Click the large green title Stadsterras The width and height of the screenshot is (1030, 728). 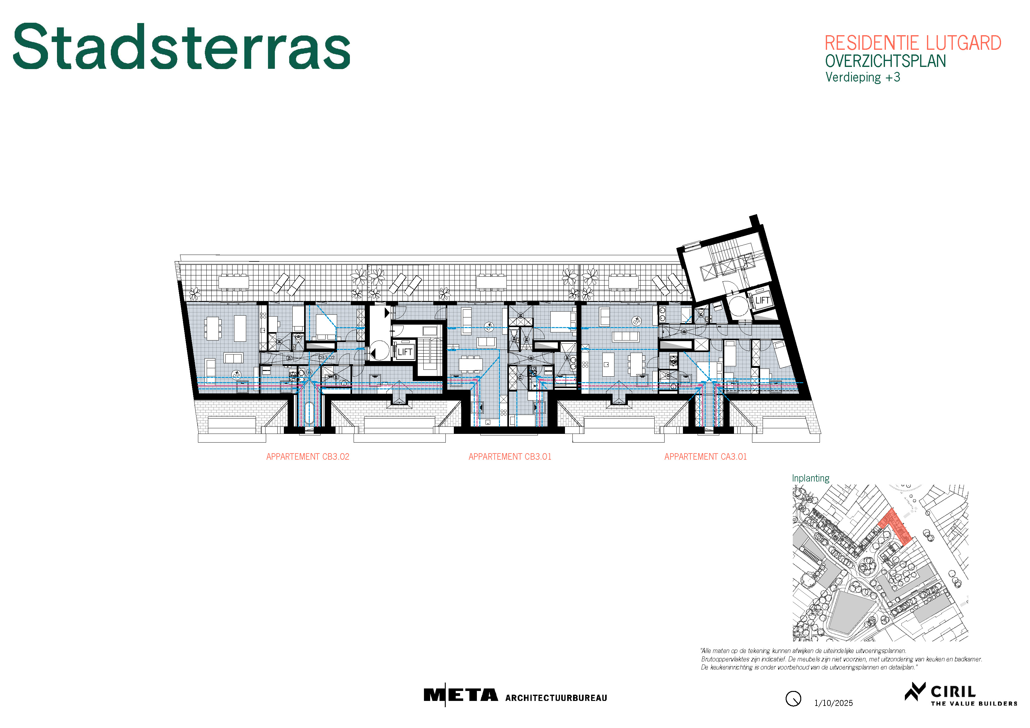pos(182,47)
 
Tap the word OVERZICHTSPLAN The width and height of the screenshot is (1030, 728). pos(886,61)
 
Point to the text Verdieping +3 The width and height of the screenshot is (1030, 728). pos(863,77)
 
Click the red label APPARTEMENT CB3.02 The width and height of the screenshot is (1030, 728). pos(308,457)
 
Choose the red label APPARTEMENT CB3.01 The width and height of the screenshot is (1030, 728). pos(510,457)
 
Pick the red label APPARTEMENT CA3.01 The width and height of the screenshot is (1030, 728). pos(706,457)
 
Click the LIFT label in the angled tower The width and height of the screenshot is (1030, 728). pos(763,300)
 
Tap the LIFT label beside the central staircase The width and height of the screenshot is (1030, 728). pos(405,352)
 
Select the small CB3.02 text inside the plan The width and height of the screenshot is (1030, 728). pos(326,358)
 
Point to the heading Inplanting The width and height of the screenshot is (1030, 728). pos(811,478)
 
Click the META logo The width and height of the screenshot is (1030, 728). pos(461,695)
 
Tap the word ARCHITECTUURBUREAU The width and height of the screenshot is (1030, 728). pos(556,698)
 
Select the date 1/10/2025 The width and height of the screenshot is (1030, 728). pos(834,703)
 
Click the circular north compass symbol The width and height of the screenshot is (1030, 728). pos(793,699)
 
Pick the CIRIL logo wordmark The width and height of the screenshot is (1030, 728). pos(953,691)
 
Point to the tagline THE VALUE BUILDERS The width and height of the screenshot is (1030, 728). pos(974,703)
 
